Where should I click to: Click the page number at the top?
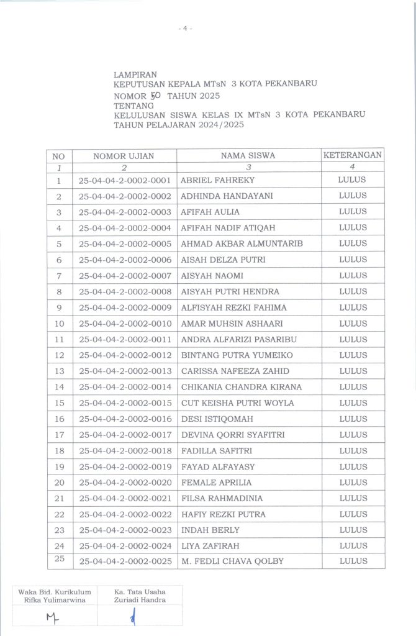[185, 29]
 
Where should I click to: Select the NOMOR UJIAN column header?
[124, 156]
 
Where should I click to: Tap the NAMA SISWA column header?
[248, 156]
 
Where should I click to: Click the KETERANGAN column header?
[353, 155]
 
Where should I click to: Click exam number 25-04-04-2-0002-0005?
[125, 243]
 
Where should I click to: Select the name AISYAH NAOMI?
[212, 275]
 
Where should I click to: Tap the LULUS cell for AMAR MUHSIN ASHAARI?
[353, 323]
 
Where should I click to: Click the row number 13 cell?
[60, 371]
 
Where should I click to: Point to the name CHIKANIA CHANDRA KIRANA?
[241, 387]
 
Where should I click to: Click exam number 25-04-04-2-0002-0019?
[125, 466]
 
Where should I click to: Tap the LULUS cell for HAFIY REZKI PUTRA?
[353, 514]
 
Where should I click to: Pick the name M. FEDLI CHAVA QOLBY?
[232, 561]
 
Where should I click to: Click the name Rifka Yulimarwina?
[55, 599]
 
